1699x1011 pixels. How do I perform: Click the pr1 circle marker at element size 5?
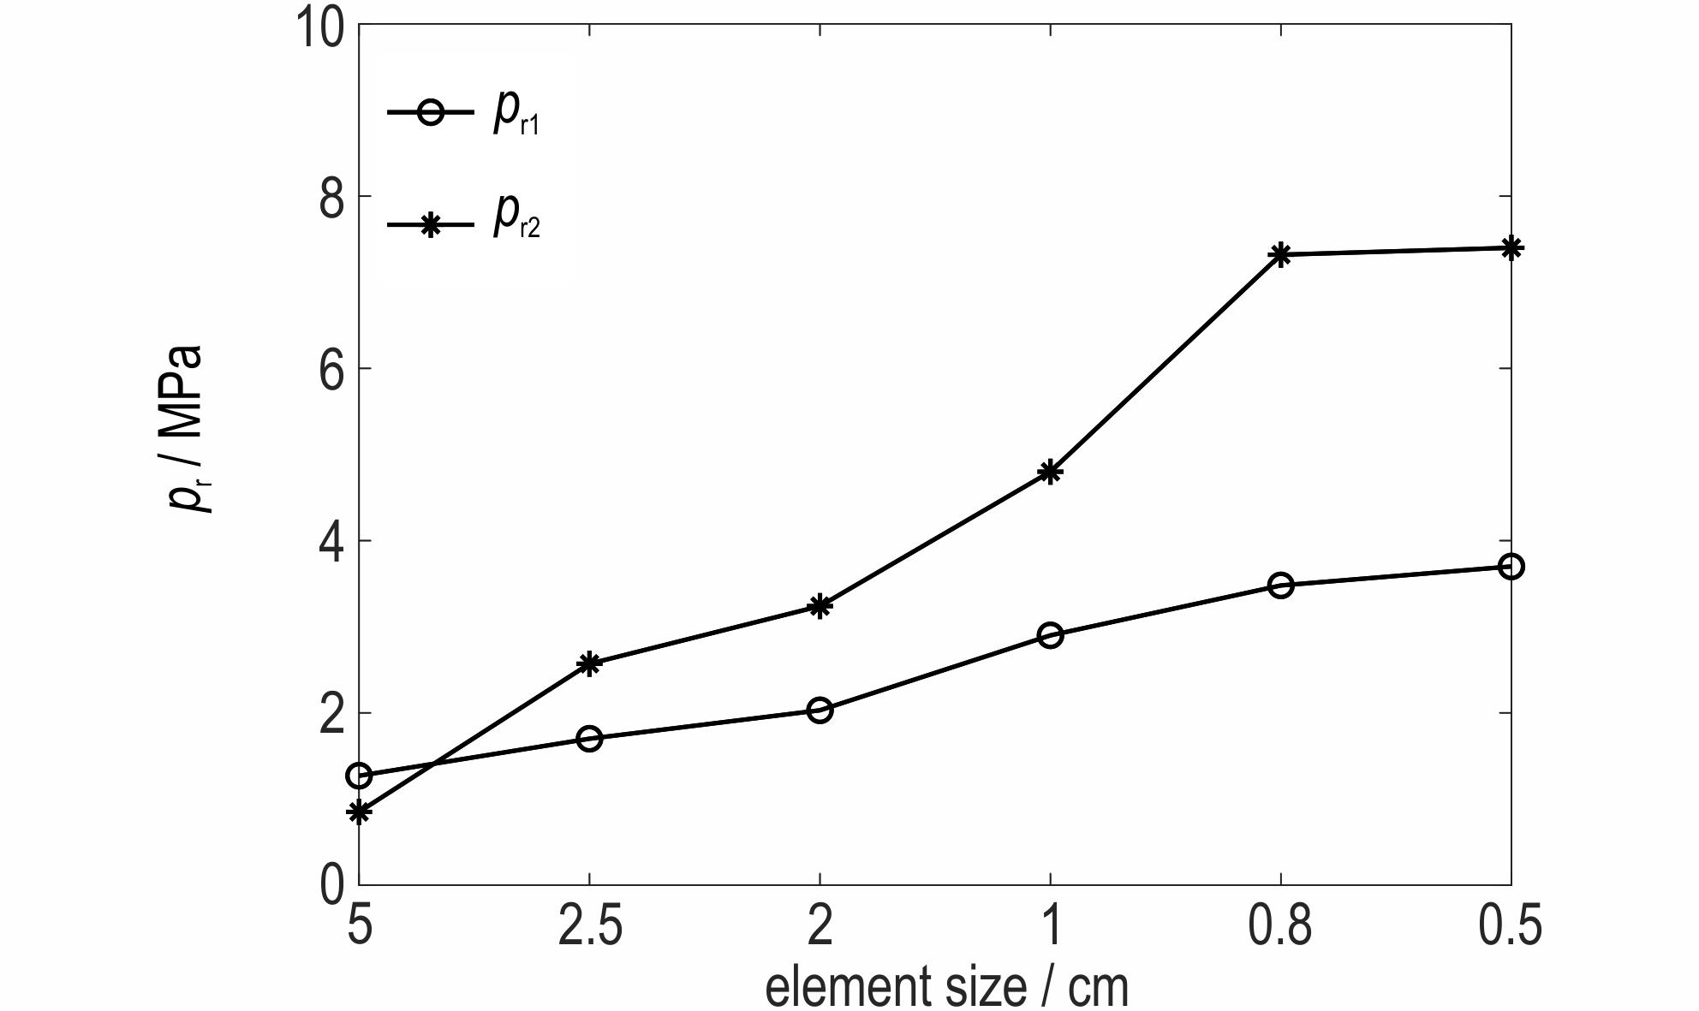[359, 776]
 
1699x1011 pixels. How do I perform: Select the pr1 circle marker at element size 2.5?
[589, 738]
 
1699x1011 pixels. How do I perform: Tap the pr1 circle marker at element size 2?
[820, 710]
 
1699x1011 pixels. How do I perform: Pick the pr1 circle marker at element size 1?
[1050, 635]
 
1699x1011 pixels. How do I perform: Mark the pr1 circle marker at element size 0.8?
[1280, 586]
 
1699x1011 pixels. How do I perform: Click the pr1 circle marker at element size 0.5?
[1511, 566]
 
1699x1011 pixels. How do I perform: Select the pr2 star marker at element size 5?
[359, 812]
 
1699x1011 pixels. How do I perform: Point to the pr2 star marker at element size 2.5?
[589, 663]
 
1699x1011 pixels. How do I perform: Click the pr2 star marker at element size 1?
[1050, 472]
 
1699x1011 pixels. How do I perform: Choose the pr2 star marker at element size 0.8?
[1280, 254]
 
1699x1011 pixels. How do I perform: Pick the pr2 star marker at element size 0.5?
[1511, 248]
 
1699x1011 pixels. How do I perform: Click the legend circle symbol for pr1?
[431, 112]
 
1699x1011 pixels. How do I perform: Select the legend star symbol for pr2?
[431, 225]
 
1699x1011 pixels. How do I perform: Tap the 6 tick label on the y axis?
[332, 370]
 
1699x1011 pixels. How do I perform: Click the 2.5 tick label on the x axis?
[589, 926]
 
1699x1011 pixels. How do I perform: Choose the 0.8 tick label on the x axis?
[1280, 926]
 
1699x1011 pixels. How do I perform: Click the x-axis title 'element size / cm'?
[946, 987]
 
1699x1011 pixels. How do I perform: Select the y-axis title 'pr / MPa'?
[187, 428]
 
